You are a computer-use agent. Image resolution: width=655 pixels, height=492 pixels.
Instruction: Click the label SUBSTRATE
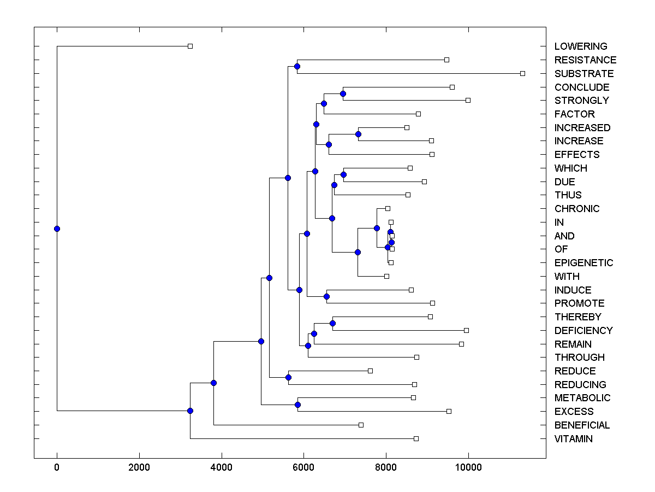(583, 73)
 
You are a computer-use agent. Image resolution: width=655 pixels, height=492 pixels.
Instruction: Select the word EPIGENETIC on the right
(583, 263)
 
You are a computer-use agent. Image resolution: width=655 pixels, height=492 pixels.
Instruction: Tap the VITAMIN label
(573, 439)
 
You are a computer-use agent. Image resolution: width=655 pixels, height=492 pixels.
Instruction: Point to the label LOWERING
(580, 46)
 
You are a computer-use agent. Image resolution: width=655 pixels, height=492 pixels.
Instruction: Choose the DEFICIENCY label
(583, 331)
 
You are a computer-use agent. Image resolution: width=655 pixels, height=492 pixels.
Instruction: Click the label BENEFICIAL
(582, 425)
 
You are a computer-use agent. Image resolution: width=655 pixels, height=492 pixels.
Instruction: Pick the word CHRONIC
(576, 209)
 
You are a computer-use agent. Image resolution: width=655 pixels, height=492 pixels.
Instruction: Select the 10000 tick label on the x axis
(468, 467)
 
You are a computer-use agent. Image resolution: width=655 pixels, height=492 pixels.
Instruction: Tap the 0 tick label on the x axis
(57, 467)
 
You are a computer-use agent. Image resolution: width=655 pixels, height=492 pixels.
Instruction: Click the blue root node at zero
(57, 229)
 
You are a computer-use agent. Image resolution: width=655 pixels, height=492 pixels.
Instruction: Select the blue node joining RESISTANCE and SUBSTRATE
(297, 67)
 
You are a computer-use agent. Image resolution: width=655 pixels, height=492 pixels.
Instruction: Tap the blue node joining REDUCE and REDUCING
(288, 377)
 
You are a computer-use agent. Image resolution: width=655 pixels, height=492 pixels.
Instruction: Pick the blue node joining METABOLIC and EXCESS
(297, 405)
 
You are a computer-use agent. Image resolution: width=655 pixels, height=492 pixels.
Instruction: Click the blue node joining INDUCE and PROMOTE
(326, 296)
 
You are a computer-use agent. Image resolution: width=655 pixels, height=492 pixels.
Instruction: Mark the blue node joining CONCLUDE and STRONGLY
(343, 93)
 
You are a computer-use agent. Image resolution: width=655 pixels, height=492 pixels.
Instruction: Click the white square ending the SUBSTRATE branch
(522, 73)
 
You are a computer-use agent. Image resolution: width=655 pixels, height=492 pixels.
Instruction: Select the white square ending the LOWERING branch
(190, 46)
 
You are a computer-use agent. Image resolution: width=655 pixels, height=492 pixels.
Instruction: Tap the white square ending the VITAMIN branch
(416, 438)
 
